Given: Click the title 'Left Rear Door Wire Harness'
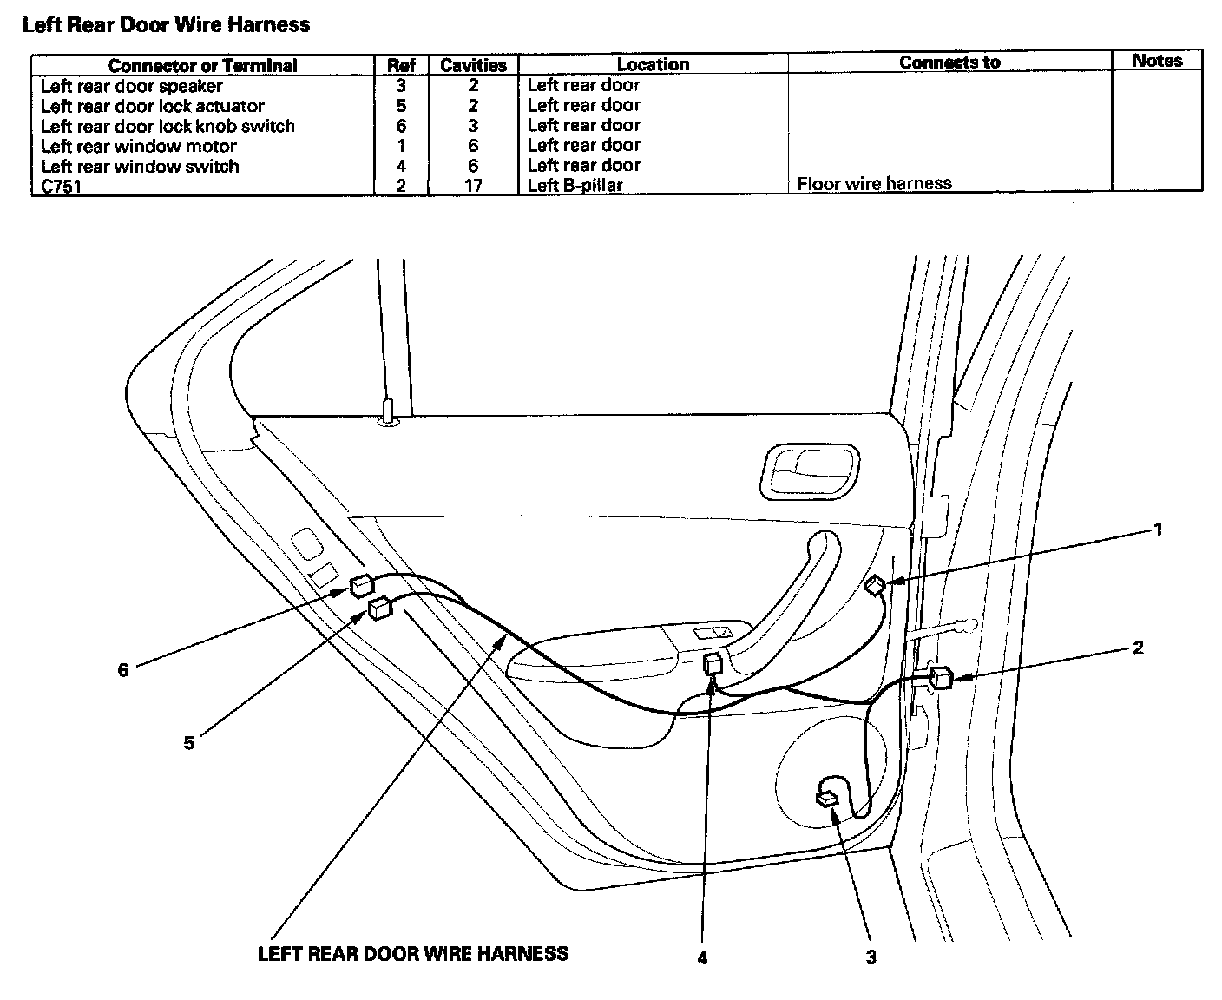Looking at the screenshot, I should pyautogui.click(x=166, y=24).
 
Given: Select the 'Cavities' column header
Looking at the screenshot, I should pyautogui.click(x=473, y=65).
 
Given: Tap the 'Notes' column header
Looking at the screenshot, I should pyautogui.click(x=1157, y=61).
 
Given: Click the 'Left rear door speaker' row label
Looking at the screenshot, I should pyautogui.click(x=131, y=86).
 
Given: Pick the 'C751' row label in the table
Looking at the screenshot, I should pyautogui.click(x=61, y=185).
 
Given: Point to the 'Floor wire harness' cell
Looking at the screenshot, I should pyautogui.click(x=874, y=183).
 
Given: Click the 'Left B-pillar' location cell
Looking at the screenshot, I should pyautogui.click(x=575, y=185).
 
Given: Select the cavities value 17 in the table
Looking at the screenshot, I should pyautogui.click(x=473, y=185).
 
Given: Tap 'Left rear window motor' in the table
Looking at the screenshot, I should pyautogui.click(x=138, y=146).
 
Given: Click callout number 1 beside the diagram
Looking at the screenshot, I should pyautogui.click(x=1158, y=529).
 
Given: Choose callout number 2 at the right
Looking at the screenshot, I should pyautogui.click(x=1138, y=648).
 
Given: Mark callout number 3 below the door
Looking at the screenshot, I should pyautogui.click(x=871, y=957).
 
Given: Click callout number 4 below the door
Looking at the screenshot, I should pyautogui.click(x=702, y=958).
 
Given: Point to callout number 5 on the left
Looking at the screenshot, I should pyautogui.click(x=188, y=743).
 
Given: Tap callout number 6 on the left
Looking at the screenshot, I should pyautogui.click(x=123, y=669).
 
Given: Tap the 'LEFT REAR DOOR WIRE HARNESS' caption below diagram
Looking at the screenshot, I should pyautogui.click(x=413, y=953).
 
